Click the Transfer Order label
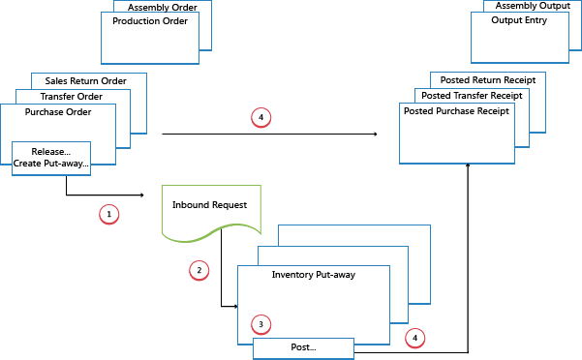[x=71, y=96]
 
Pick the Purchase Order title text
[x=58, y=112]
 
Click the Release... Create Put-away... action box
[x=52, y=158]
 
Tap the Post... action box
[x=303, y=347]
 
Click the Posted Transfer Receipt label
[x=474, y=96]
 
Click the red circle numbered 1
[x=109, y=212]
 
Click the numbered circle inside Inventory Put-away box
[x=259, y=322]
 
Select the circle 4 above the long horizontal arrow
[x=260, y=118]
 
